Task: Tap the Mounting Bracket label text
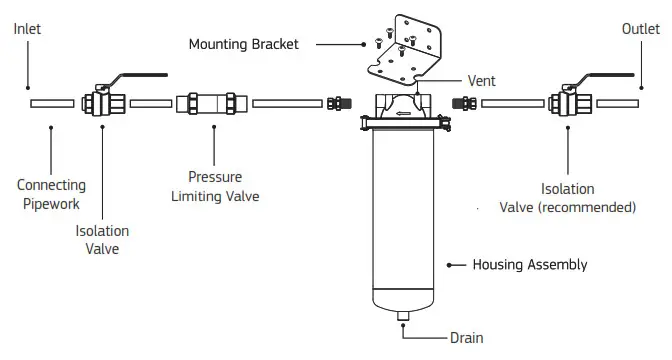point(244,44)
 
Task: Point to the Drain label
point(466,339)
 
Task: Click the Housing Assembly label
point(530,265)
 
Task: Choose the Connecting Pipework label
point(51,193)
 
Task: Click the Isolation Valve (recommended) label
point(568,198)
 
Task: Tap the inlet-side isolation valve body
point(103,103)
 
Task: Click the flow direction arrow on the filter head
point(402,113)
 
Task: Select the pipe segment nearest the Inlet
point(51,103)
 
